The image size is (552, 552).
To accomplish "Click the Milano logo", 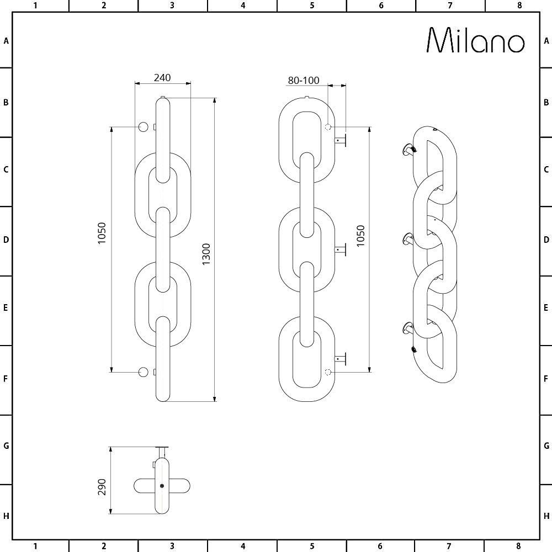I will pos(476,40).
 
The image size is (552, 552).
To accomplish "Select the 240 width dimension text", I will pos(162,77).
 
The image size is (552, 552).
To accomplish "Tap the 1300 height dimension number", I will pos(206,254).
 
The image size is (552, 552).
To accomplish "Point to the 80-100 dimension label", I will pos(304,81).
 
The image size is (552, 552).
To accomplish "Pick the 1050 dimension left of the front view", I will pos(102,233).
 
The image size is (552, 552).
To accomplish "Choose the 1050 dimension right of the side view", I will pos(360,236).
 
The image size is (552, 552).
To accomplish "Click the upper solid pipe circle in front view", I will pos(144,128).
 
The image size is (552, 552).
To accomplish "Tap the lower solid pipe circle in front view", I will pos(144,372).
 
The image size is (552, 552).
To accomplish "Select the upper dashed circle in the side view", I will pos(328,127).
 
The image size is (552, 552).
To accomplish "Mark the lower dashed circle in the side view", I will pos(328,371).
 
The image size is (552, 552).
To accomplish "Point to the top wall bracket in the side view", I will pos(339,140).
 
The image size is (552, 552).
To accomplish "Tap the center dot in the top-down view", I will pos(162,486).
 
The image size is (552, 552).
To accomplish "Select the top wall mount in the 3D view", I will pos(410,148).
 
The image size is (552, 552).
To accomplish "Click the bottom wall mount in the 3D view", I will pos(408,329).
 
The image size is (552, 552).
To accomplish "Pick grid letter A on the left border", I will pos(6,41).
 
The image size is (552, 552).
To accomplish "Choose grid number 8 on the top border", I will pos(519,6).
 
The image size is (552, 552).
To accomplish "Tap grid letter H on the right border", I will pos(546,516).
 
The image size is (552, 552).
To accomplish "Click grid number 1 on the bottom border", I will pos(35,546).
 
